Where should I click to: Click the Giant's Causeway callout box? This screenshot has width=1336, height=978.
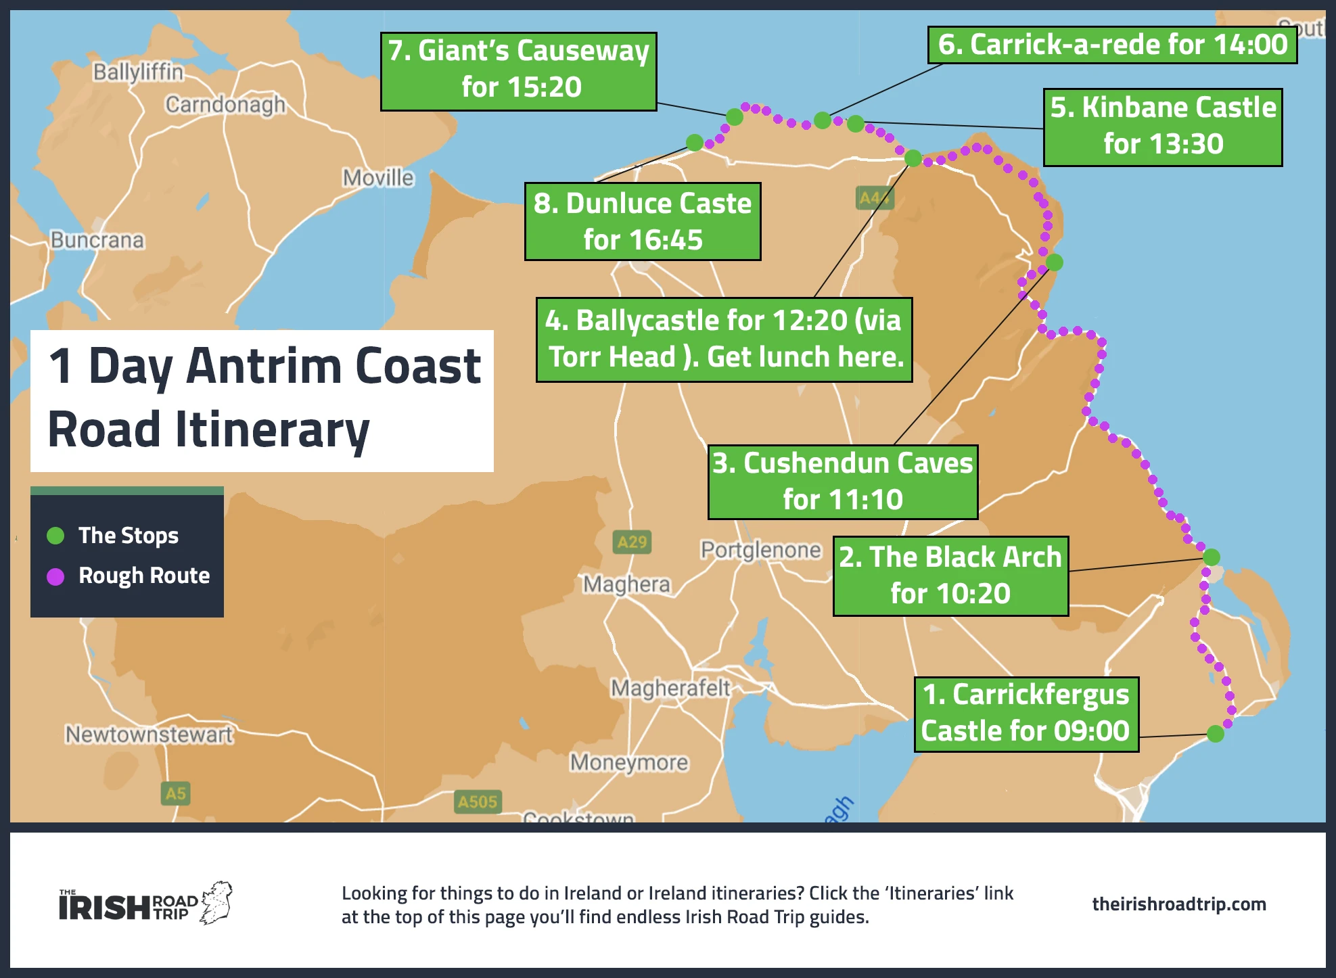518,71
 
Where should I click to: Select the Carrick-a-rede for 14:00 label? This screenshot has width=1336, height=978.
1112,45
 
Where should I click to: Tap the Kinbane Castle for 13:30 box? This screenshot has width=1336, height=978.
1162,127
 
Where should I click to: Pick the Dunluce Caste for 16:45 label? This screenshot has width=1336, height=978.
642,221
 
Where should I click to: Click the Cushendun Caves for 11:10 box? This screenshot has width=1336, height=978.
842,482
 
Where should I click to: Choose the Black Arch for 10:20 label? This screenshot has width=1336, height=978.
950,576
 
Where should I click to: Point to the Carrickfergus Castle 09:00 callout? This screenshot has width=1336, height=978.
1026,714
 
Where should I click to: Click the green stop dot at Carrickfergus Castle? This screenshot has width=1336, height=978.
1215,734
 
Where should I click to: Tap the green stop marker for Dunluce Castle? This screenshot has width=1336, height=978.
694,142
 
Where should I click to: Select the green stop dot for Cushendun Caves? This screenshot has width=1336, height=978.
1054,262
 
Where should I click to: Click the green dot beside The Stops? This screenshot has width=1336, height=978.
55,536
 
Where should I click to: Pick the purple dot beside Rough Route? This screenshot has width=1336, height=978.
55,576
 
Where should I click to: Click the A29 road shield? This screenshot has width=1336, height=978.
632,542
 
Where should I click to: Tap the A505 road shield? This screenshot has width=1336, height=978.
477,801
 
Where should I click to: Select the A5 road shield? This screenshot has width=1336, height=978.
175,793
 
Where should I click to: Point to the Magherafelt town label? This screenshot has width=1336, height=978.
670,688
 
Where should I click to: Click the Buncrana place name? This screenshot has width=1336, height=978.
97,240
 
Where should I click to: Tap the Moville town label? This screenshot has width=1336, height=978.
377,178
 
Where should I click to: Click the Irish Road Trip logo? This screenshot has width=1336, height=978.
145,904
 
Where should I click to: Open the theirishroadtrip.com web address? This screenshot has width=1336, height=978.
1178,904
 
